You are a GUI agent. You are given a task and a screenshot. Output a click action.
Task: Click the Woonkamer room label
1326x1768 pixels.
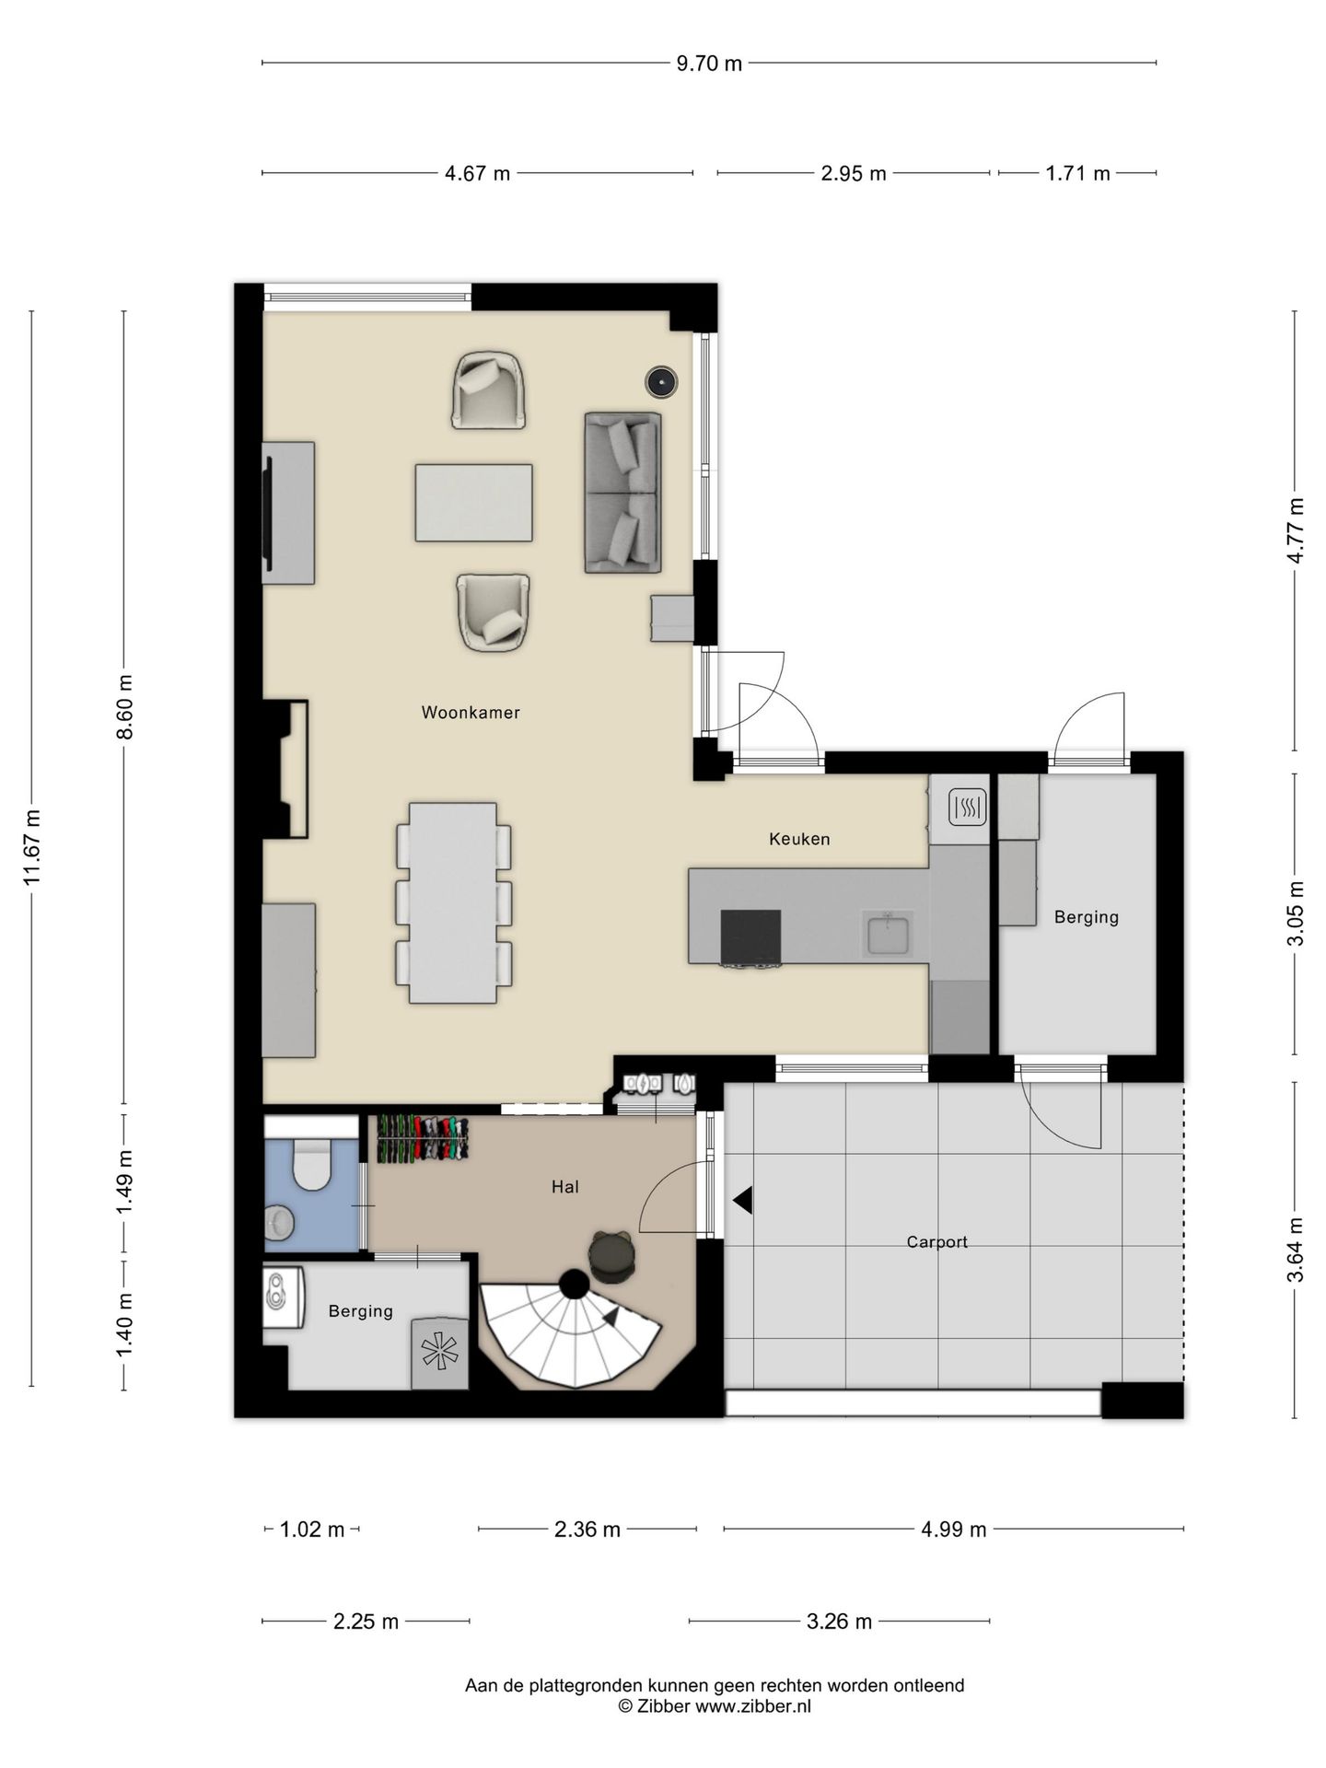click(x=471, y=713)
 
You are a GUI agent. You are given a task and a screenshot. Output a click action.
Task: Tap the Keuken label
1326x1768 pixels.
click(x=799, y=839)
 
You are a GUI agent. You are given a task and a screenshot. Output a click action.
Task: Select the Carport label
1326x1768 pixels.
click(x=936, y=1242)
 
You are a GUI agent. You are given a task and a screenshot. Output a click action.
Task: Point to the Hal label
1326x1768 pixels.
click(x=565, y=1187)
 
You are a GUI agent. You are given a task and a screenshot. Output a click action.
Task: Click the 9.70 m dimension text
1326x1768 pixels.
click(x=709, y=64)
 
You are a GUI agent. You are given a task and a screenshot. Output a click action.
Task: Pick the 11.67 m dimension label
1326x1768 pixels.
click(x=32, y=847)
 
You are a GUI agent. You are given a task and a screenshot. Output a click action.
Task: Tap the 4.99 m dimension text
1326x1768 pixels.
click(x=953, y=1530)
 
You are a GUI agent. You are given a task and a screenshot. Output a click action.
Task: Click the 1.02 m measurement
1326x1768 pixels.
click(x=312, y=1530)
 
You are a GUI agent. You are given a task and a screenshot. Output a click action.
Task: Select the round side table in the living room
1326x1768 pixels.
click(x=661, y=382)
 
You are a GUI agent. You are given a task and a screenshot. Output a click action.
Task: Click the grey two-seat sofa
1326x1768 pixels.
click(x=622, y=493)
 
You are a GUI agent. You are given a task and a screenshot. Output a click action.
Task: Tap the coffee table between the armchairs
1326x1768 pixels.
click(x=473, y=503)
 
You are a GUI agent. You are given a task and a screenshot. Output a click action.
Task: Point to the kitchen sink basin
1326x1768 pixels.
click(x=888, y=933)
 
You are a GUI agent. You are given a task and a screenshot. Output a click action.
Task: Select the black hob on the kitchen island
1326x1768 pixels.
click(x=750, y=936)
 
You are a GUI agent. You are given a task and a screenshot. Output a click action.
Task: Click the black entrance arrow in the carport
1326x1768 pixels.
click(x=743, y=1201)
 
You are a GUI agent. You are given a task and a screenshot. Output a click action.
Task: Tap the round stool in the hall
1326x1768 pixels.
click(x=611, y=1256)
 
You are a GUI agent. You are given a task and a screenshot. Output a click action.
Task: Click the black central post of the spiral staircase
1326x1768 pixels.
click(x=575, y=1284)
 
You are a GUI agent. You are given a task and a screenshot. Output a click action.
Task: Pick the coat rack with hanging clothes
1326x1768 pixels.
click(x=423, y=1139)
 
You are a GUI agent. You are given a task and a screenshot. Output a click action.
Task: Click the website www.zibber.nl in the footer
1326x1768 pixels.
click(x=752, y=1706)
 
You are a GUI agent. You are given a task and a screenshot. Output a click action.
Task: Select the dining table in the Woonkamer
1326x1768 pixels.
click(x=453, y=902)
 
